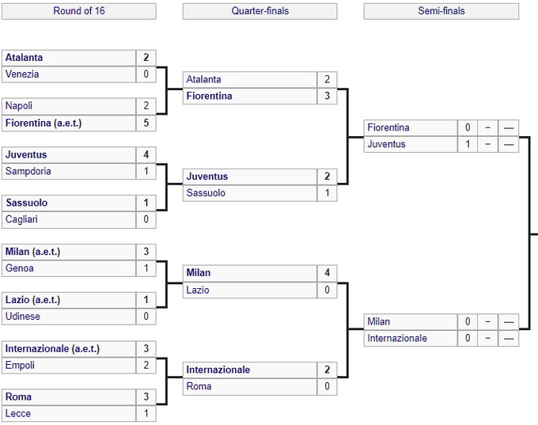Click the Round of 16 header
(x=79, y=11)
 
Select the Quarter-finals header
(x=260, y=11)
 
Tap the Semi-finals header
(x=441, y=11)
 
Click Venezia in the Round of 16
(x=22, y=74)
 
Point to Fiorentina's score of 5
(x=146, y=123)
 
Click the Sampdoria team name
(x=28, y=171)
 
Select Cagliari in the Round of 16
(x=21, y=219)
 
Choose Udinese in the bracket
(x=23, y=316)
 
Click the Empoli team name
(x=20, y=366)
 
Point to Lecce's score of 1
(x=146, y=413)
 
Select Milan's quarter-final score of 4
(x=327, y=273)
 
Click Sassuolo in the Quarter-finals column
(x=206, y=193)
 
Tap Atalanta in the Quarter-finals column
(x=204, y=80)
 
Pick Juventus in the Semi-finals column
(x=386, y=144)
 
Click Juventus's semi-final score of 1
(x=468, y=144)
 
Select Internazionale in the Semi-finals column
(x=397, y=339)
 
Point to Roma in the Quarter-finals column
(x=199, y=386)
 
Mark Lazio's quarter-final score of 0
(x=327, y=290)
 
